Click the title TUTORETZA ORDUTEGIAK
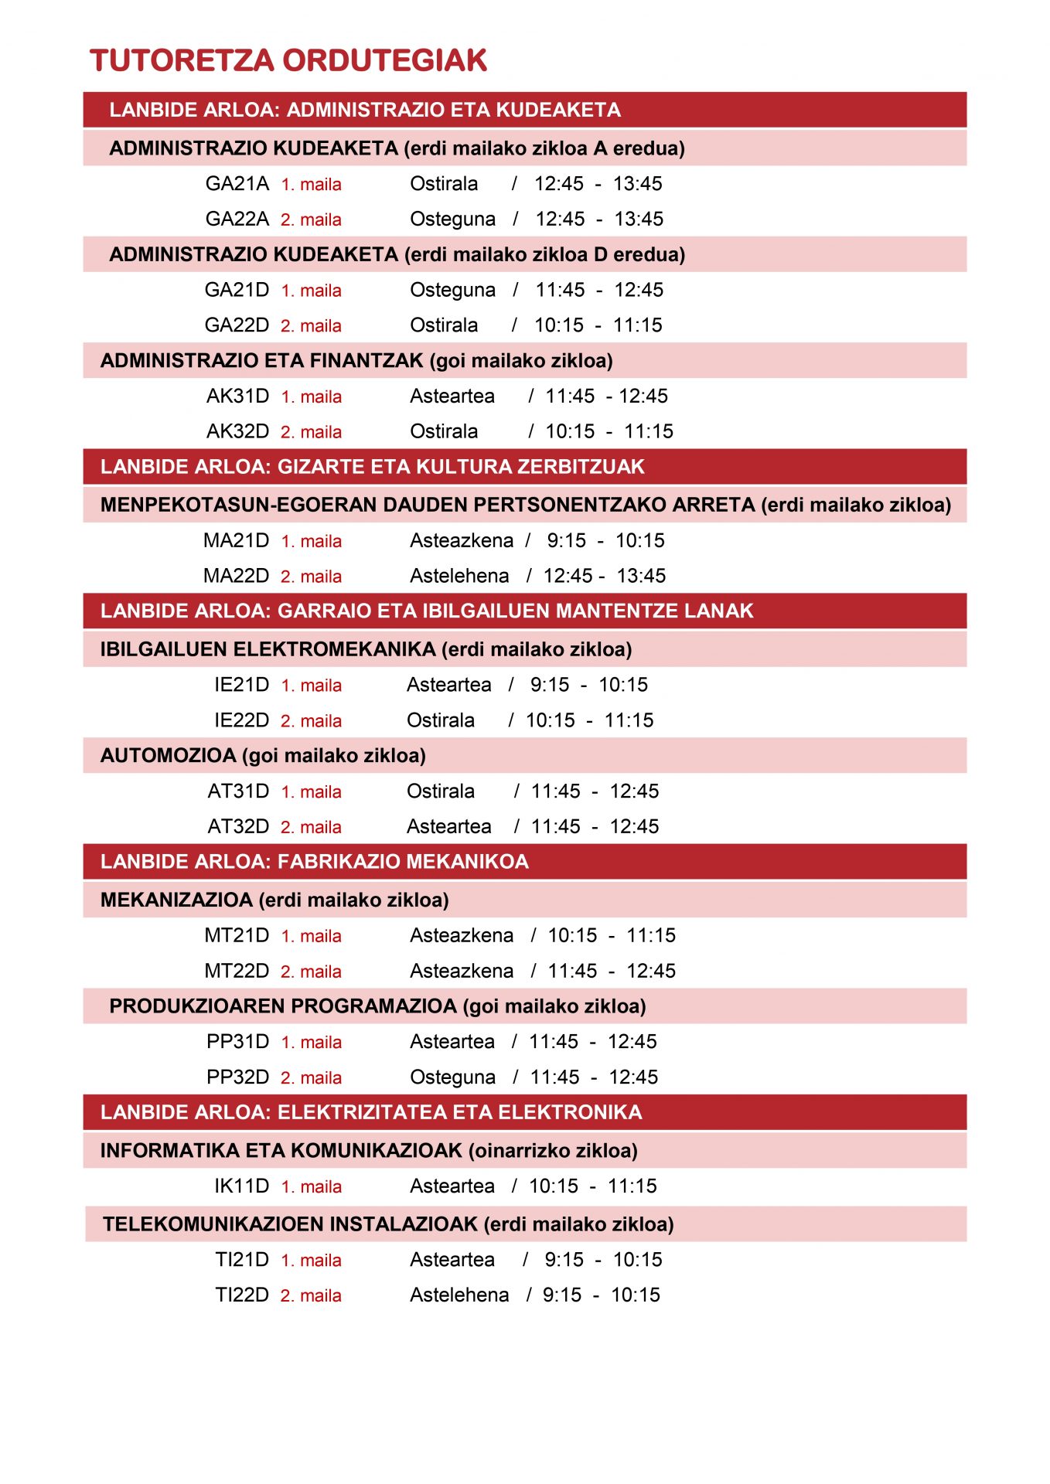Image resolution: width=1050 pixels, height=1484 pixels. [x=288, y=61]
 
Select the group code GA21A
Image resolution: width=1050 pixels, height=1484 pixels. [x=237, y=184]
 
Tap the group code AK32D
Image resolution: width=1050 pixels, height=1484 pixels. [x=237, y=431]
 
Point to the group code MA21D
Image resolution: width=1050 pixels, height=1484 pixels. [x=236, y=540]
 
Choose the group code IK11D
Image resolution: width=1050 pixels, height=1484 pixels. [x=241, y=1186]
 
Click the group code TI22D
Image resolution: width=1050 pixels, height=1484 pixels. [x=241, y=1295]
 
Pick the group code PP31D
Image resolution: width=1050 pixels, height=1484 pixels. [x=237, y=1041]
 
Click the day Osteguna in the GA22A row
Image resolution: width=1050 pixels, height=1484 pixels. [x=452, y=220]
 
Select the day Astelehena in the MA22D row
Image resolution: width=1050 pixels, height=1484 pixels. [x=459, y=576]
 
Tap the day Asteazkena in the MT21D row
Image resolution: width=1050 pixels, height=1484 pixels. [x=462, y=935]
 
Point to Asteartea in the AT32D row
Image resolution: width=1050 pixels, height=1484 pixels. [x=448, y=826]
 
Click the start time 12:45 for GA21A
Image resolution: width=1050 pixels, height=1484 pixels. [x=559, y=184]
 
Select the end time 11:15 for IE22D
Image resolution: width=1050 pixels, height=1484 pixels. [x=629, y=720]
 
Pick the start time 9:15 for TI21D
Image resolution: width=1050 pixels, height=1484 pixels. [x=564, y=1259]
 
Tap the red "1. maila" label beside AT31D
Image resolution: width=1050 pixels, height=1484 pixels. [x=311, y=791]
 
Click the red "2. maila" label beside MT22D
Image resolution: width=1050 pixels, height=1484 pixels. [x=311, y=972]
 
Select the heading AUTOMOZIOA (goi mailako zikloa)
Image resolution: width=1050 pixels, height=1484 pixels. [x=263, y=755]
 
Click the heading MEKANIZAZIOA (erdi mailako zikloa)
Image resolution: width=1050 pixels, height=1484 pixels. [x=274, y=900]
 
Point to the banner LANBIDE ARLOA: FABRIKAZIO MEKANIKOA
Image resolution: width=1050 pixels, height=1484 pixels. [x=314, y=862]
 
